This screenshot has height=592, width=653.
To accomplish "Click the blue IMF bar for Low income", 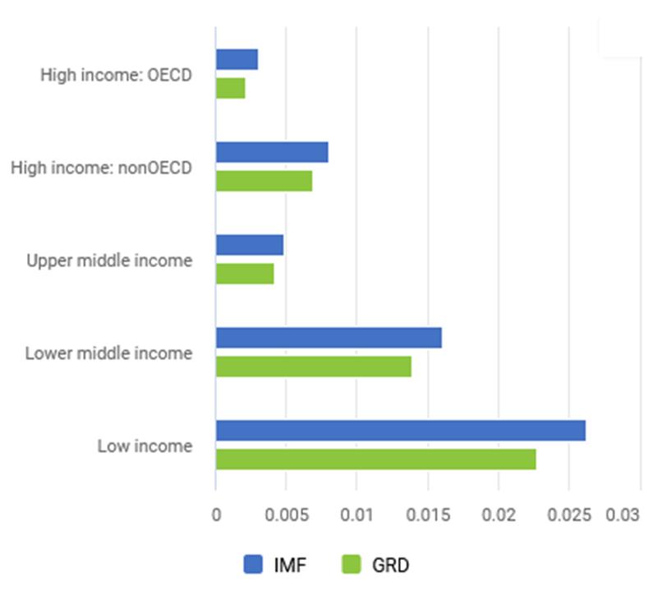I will tap(401, 431).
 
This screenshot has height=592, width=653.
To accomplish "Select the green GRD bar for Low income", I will tap(376, 460).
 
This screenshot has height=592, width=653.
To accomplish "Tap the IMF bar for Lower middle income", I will tap(329, 338).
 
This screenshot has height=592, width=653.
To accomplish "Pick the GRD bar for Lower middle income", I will tap(314, 367).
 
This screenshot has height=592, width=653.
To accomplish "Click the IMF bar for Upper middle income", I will tap(250, 245).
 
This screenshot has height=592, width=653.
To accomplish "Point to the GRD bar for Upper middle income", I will tap(245, 274).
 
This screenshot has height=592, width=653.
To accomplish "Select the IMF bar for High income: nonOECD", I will tap(272, 152).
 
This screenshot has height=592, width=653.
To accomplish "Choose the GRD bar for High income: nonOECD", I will tap(264, 181).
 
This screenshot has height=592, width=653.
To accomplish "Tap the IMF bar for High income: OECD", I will tap(237, 60).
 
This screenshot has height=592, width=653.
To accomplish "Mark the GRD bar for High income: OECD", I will tap(231, 88).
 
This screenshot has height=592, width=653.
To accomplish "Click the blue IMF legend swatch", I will tap(254, 564).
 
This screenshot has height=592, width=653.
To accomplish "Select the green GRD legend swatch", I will tap(351, 564).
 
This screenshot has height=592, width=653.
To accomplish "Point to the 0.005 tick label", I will tap(285, 516).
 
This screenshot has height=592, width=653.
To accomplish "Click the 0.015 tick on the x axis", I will tap(426, 516).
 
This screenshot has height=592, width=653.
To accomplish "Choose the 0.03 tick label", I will tap(622, 516).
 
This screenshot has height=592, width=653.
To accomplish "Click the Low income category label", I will tap(145, 446).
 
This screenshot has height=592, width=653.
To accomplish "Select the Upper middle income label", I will tap(109, 261).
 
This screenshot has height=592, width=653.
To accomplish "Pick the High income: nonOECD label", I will tap(101, 168).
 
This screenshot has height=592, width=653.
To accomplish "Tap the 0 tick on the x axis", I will tap(216, 516).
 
